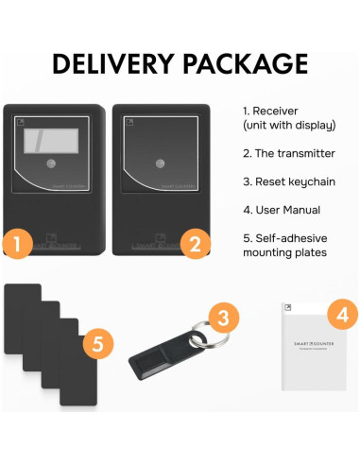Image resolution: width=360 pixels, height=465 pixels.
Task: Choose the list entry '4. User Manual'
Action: (282, 209)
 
